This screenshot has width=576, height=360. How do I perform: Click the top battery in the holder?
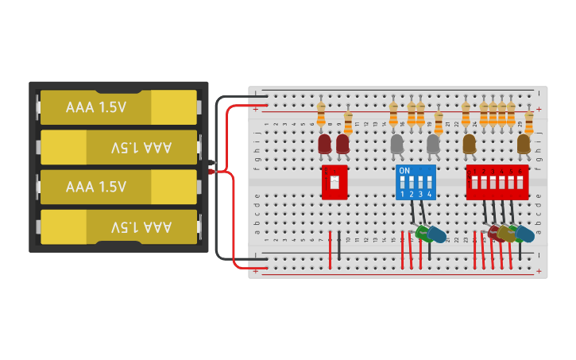118,107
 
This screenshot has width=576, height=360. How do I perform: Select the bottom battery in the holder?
118,226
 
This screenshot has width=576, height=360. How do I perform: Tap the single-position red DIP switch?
334,182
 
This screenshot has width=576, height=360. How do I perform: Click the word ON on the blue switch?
404,171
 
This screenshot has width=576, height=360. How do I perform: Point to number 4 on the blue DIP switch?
429,195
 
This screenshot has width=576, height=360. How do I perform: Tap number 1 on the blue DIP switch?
403,195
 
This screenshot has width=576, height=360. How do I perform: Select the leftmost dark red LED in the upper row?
324,144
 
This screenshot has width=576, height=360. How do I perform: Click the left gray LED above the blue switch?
397,144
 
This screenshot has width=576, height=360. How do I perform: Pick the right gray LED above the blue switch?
433,144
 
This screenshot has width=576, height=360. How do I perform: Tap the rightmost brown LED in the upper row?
524,144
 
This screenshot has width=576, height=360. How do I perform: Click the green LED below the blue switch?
423,233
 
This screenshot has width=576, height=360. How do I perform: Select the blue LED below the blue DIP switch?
436,234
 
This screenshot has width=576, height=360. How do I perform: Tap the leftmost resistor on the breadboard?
321,114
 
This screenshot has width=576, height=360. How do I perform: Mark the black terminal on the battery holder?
212,164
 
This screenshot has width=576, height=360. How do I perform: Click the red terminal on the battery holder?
212,171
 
